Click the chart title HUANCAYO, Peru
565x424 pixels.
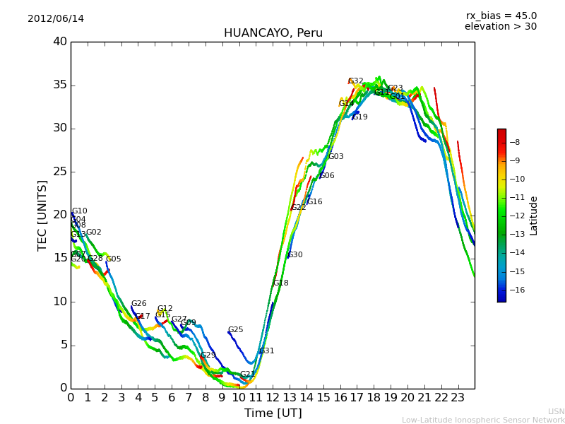[273, 33]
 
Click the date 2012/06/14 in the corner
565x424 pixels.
[56, 19]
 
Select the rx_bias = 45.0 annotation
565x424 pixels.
[501, 16]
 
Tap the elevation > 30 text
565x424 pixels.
[500, 27]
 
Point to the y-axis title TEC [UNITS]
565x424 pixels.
[43, 215]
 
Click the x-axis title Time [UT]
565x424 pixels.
[273, 413]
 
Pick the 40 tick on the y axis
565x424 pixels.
[59, 42]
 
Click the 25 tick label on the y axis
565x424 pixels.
[59, 172]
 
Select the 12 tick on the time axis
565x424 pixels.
[273, 397]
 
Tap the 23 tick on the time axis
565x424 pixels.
[458, 397]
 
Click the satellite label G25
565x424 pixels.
[235, 330]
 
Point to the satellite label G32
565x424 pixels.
[356, 81]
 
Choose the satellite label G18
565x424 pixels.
[280, 283]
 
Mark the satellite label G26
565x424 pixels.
[138, 304]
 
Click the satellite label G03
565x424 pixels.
[335, 157]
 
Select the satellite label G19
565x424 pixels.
[359, 117]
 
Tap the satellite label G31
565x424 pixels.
[266, 351]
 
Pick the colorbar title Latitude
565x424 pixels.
[534, 216]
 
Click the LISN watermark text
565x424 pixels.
[556, 411]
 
